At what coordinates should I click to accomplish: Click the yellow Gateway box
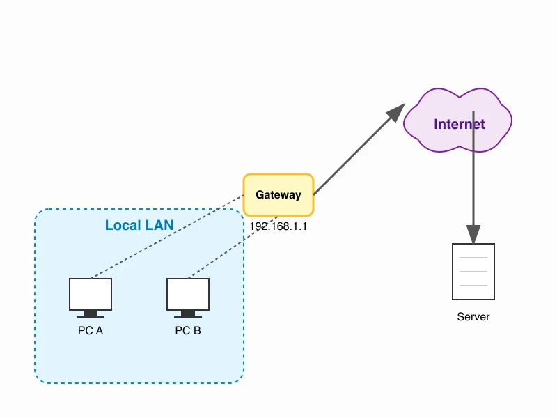(278, 195)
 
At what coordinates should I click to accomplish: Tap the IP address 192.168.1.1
(278, 226)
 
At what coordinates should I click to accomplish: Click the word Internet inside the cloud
(459, 125)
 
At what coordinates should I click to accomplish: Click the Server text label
(473, 317)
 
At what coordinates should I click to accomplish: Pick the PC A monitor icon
(91, 294)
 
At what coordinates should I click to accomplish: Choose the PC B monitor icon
(188, 294)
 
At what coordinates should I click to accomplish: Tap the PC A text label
(91, 330)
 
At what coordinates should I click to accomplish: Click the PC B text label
(188, 330)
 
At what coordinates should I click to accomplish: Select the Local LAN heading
(139, 225)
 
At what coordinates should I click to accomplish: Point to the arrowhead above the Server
(473, 235)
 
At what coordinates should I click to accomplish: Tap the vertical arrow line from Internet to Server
(473, 181)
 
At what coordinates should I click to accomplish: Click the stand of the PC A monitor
(91, 313)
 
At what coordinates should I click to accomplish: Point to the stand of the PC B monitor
(188, 313)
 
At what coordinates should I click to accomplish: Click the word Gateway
(278, 195)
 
